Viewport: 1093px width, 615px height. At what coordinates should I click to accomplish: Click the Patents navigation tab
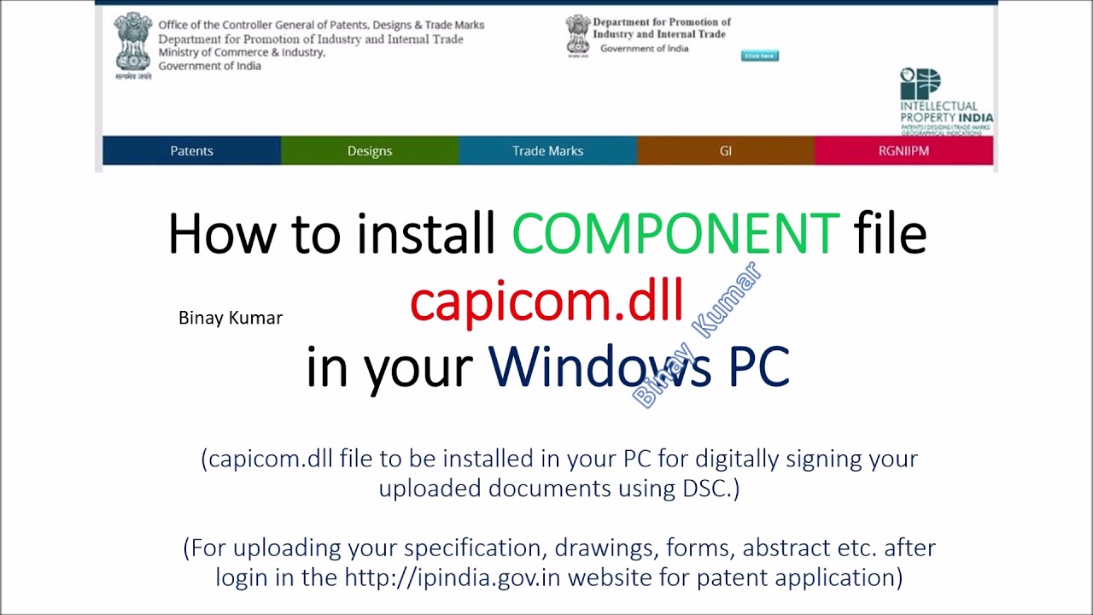[x=191, y=151]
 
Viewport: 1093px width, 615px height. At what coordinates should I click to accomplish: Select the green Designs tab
[x=370, y=151]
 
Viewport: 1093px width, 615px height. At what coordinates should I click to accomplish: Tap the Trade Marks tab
[x=547, y=151]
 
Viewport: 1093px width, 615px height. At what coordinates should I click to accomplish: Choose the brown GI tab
[x=726, y=151]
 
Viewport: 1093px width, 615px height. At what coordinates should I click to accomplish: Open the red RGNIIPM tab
[x=903, y=151]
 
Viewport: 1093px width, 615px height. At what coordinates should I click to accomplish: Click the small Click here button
[x=759, y=56]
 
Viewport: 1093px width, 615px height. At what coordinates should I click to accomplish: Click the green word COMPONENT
[x=675, y=234]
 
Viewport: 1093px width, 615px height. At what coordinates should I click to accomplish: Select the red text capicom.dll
[x=546, y=301]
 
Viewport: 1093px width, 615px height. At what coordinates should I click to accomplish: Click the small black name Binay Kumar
[x=231, y=318]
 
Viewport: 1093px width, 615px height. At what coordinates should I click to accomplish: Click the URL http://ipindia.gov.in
[x=453, y=577]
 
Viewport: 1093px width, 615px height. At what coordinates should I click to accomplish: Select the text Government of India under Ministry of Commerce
[x=209, y=67]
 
